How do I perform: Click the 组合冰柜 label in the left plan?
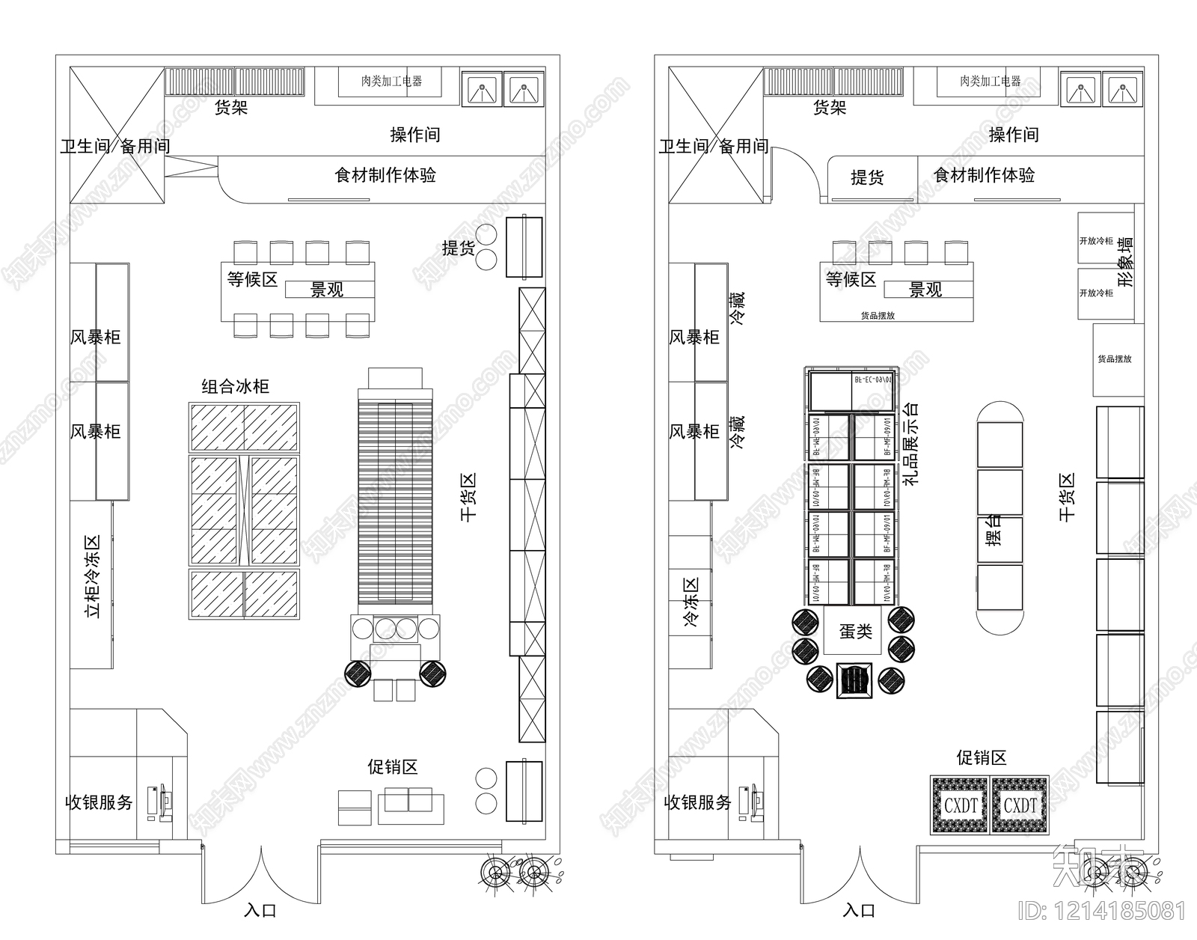click(235, 387)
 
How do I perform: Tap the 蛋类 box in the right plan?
click(855, 631)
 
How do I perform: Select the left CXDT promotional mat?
click(961, 805)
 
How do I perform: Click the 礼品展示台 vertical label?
click(911, 443)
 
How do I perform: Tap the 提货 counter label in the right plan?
click(867, 177)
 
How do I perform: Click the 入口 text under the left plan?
click(260, 911)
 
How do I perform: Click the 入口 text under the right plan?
click(859, 911)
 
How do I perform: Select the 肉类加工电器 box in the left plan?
click(391, 81)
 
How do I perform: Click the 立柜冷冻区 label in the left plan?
click(93, 576)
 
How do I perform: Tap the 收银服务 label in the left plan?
click(99, 803)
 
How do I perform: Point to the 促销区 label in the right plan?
click(981, 757)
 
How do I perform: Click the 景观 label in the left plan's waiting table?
click(327, 290)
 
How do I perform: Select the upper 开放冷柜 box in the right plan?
click(1096, 240)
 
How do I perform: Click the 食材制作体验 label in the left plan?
click(385, 175)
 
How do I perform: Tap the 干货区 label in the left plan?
click(468, 497)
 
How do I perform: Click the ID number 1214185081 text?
click(1102, 912)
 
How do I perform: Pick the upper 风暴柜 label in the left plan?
click(95, 338)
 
